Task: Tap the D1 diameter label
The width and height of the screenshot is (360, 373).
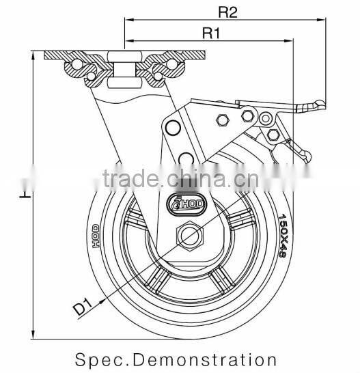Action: point(81,305)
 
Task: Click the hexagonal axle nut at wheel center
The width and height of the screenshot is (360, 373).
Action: point(189,236)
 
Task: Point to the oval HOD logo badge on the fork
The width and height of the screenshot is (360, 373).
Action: point(183,202)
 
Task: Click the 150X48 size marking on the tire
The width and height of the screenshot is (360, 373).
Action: point(281,235)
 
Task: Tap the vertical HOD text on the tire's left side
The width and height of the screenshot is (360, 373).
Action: point(96,235)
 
